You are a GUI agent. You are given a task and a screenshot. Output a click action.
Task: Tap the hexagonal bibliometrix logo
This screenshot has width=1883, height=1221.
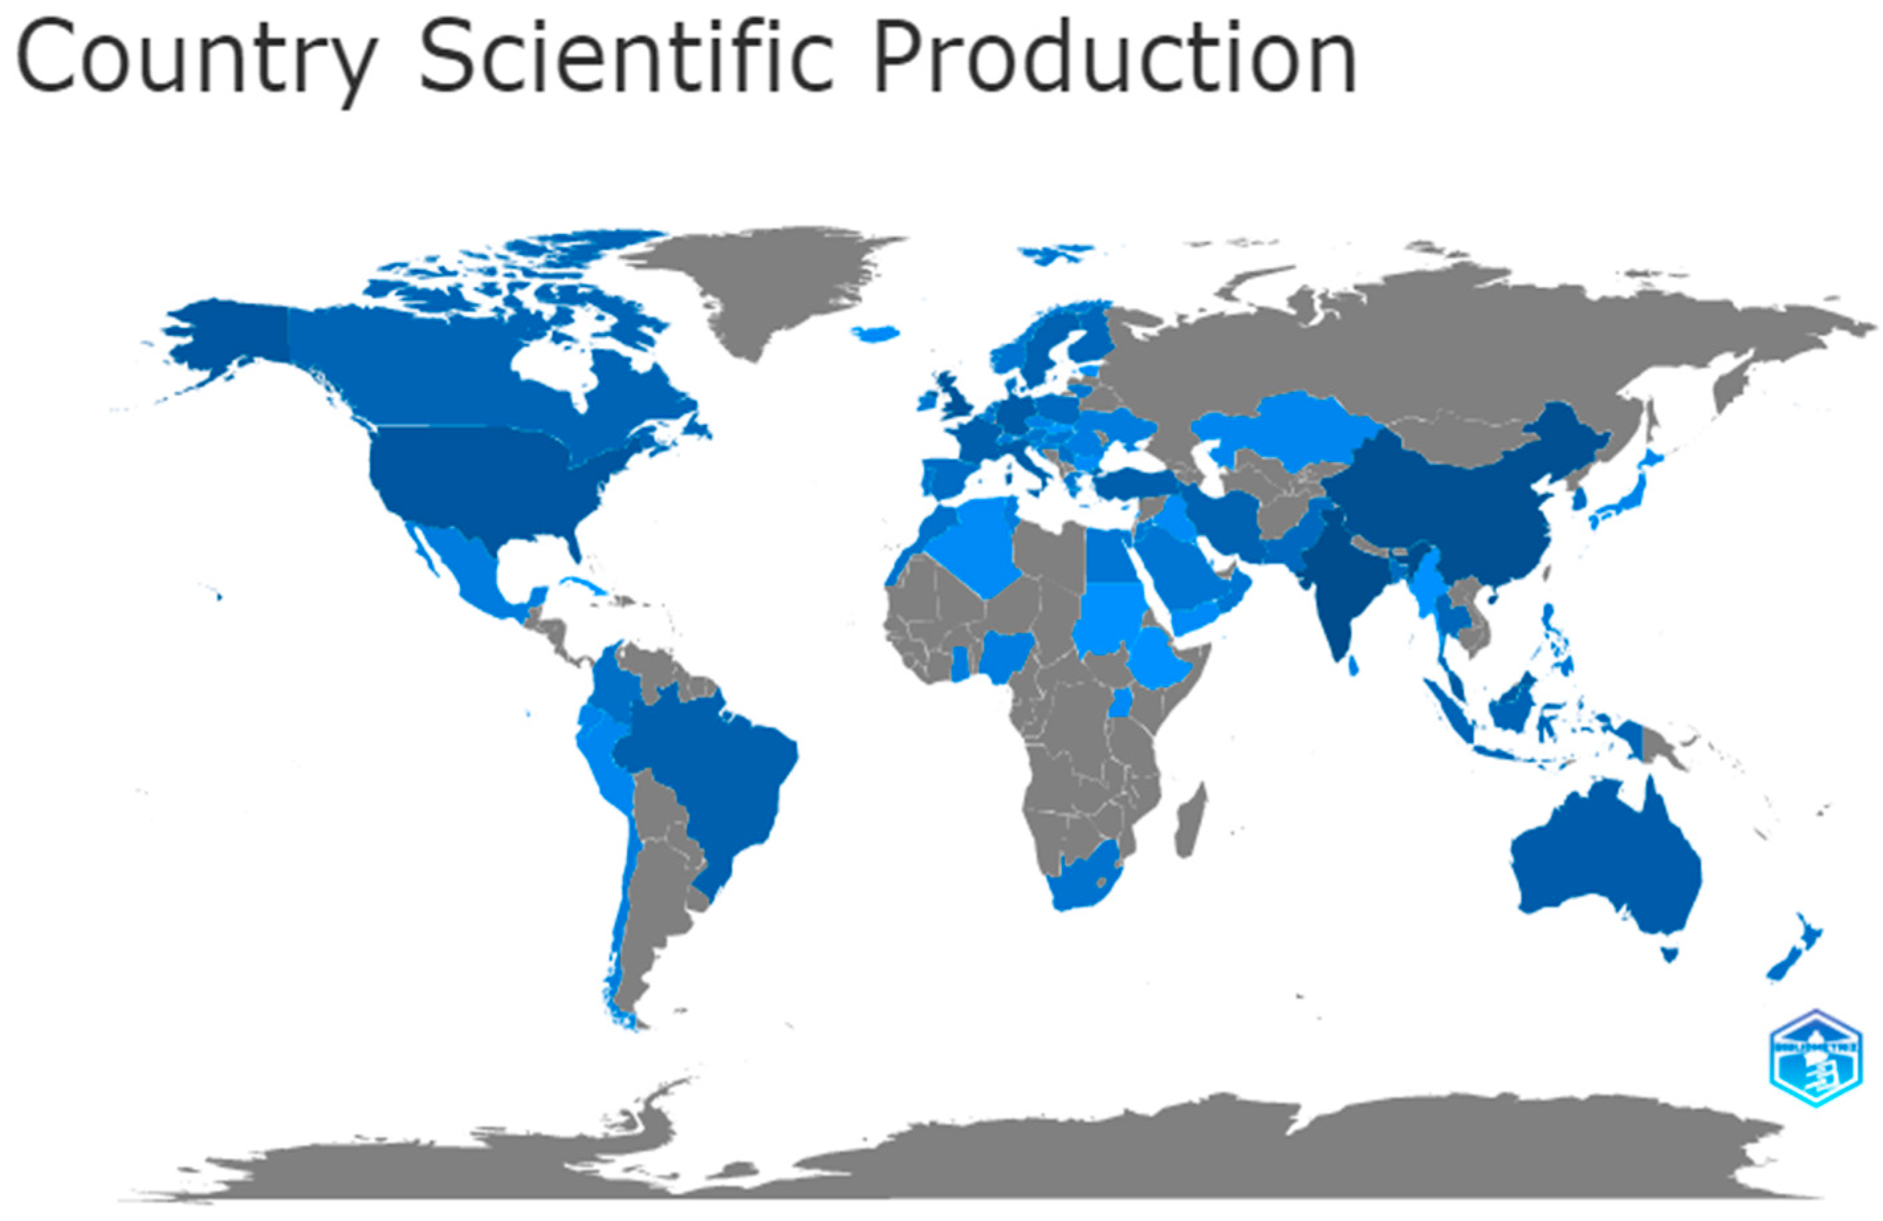tap(1815, 1057)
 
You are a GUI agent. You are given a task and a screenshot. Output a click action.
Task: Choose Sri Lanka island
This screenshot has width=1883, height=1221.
tap(1353, 666)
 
